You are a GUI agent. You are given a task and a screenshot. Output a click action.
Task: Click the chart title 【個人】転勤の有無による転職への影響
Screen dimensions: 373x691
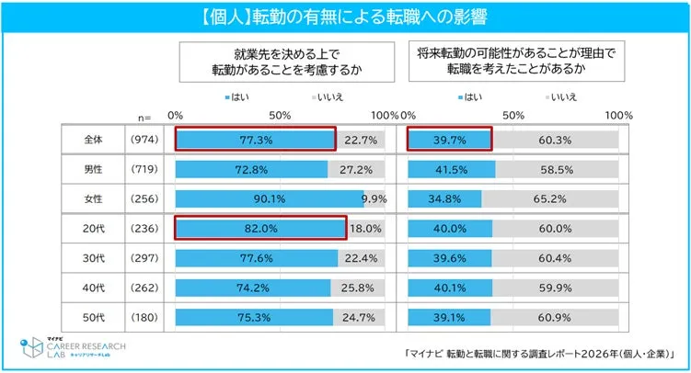point(345,16)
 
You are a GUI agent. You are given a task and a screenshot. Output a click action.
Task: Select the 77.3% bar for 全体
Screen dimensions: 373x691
point(255,140)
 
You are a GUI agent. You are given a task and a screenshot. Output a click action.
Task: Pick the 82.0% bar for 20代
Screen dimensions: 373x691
point(260,229)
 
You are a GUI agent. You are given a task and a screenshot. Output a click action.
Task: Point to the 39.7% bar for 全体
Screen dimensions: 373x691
point(450,140)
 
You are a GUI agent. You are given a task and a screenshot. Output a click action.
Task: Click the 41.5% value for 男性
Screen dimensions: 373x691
point(452,170)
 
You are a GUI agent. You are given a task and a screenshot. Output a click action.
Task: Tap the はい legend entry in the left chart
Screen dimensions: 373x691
point(237,96)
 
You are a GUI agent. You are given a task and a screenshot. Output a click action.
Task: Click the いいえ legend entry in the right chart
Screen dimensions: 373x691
point(560,96)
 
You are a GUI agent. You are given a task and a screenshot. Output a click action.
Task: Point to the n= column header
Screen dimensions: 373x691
point(144,118)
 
